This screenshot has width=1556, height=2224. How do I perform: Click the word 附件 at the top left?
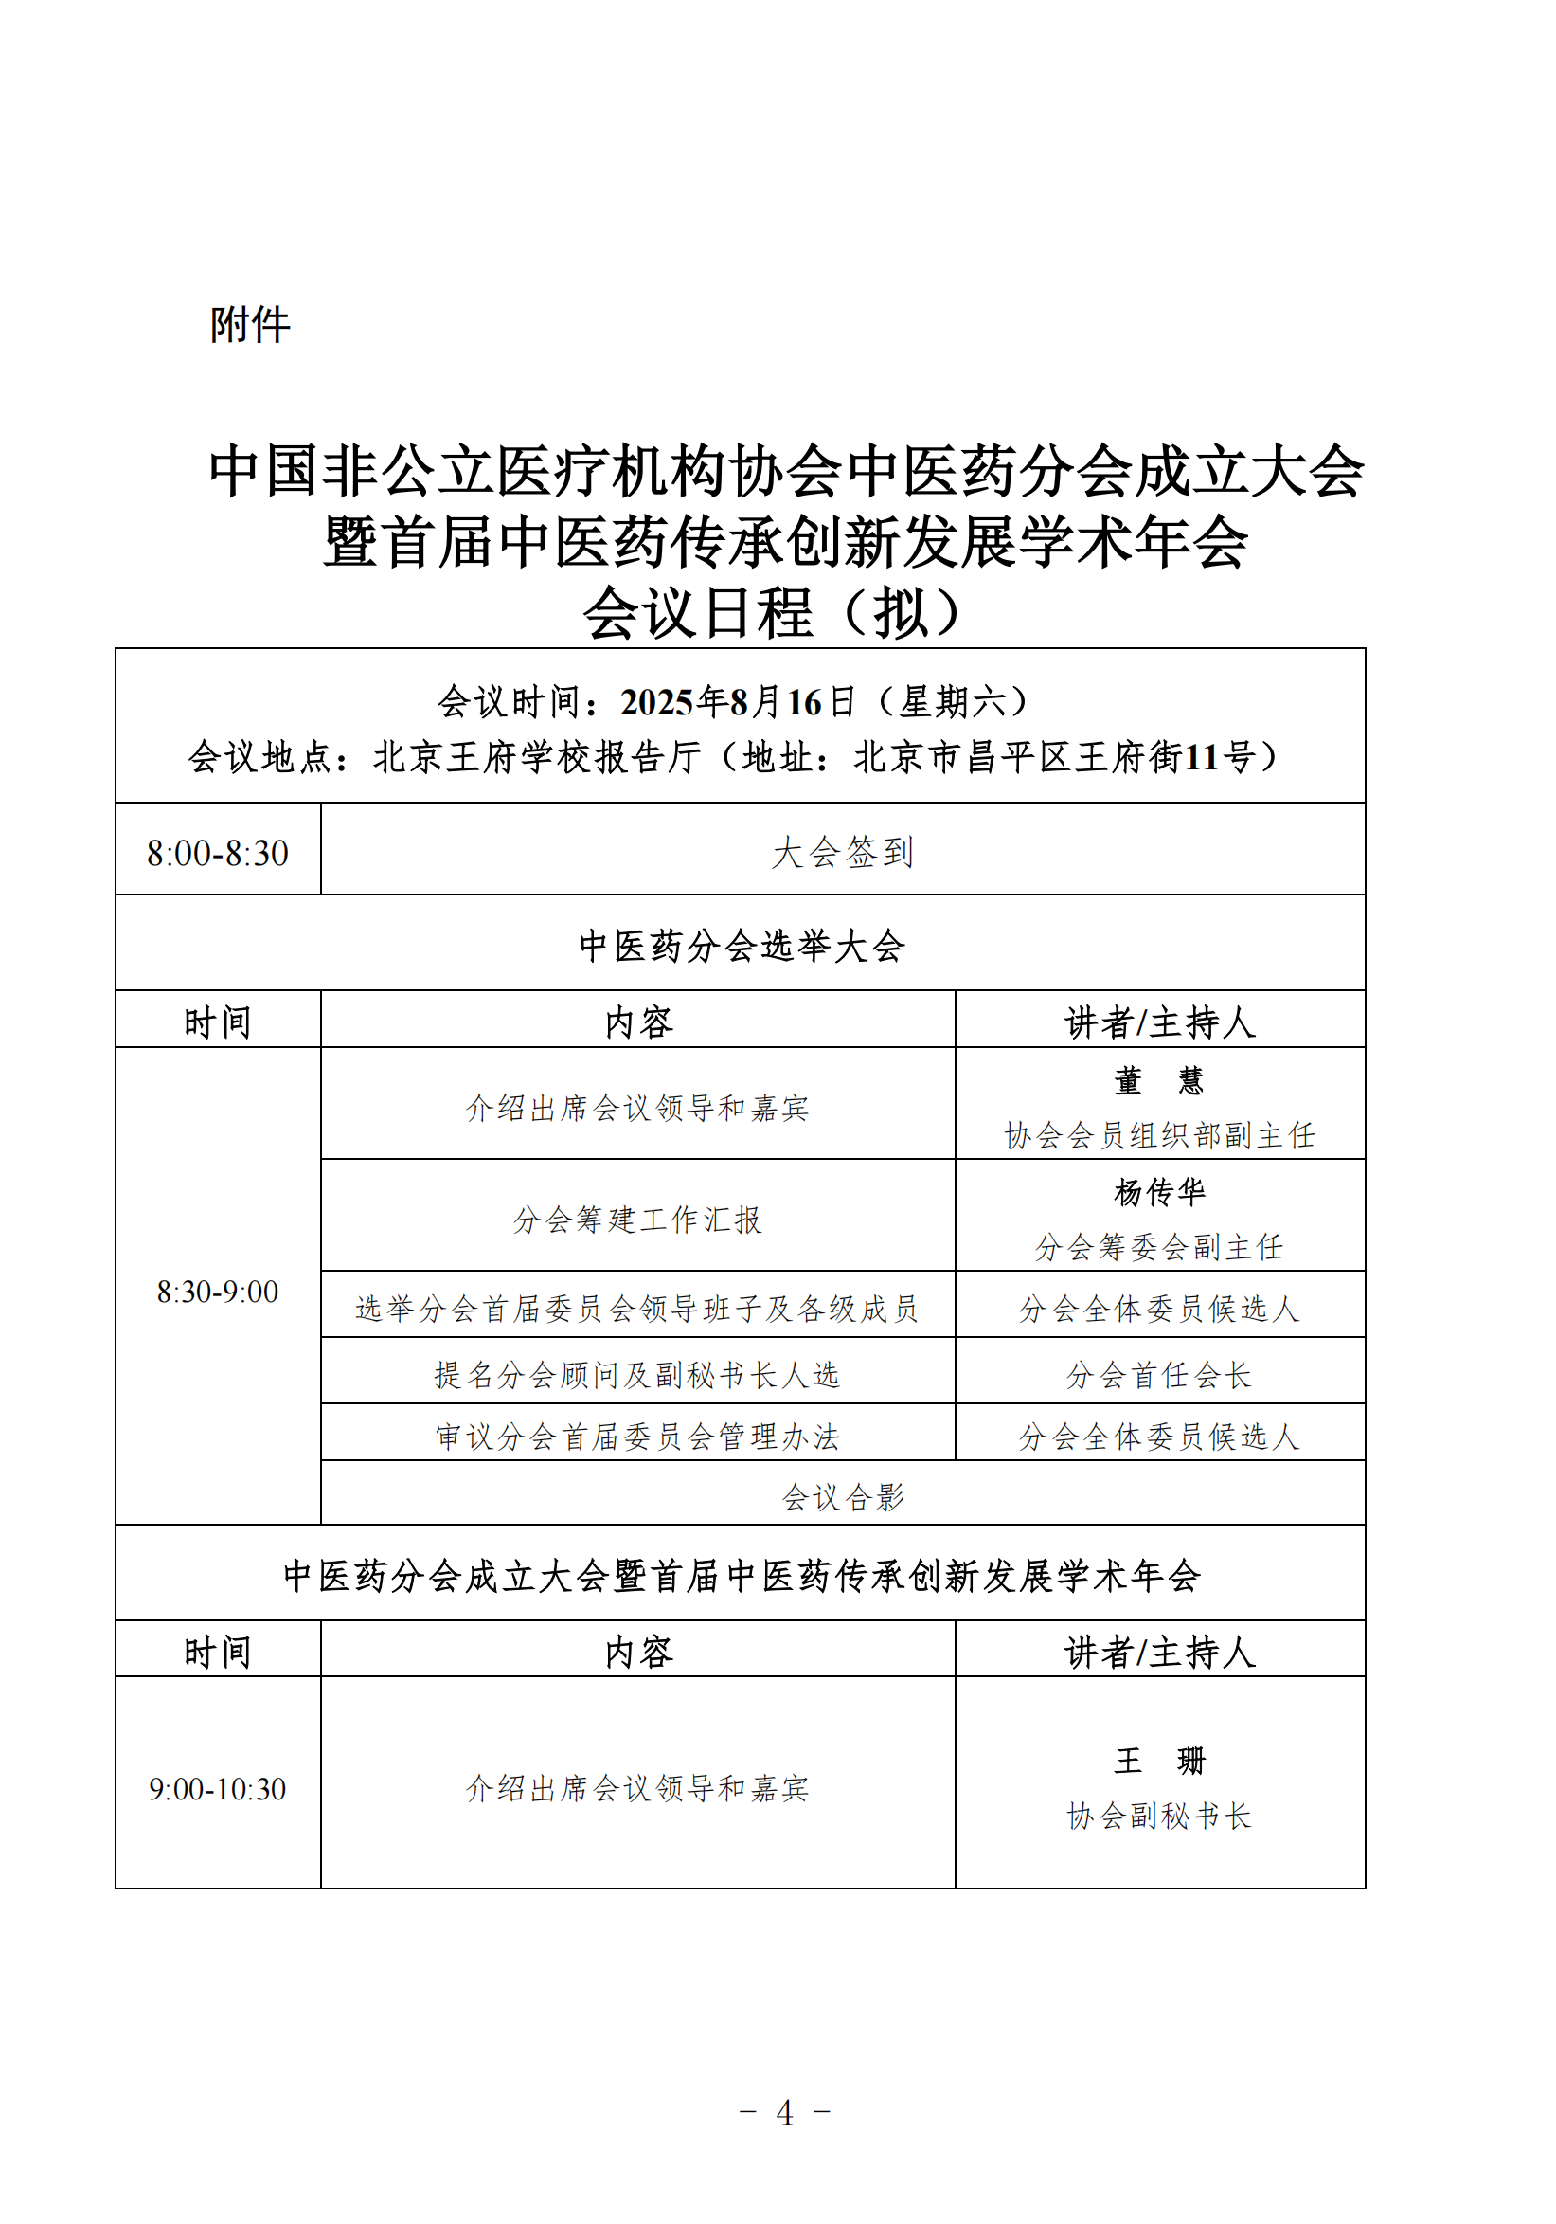pos(250,324)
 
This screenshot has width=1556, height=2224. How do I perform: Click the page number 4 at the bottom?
pos(784,2112)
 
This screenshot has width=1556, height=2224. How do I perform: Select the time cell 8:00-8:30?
pos(217,854)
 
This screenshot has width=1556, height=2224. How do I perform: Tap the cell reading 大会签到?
pos(841,853)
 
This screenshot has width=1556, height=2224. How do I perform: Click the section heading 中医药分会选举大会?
pos(741,946)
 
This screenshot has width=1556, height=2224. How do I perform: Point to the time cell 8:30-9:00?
pos(217,1292)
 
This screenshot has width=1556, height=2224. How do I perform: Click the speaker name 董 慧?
pos(1158,1080)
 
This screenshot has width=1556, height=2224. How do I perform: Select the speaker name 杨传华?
pos(1158,1191)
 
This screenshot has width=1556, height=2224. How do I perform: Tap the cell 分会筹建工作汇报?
pos(637,1220)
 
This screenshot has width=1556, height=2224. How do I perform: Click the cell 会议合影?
pos(841,1497)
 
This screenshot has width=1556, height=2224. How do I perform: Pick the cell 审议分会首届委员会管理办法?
pos(637,1437)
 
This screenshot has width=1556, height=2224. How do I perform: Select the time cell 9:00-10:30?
pos(217,1788)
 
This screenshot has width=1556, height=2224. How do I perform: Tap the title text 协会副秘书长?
pos(1158,1816)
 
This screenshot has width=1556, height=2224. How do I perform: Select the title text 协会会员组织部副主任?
pos(1158,1135)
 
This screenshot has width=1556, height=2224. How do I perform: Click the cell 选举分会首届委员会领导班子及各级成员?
pos(637,1309)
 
